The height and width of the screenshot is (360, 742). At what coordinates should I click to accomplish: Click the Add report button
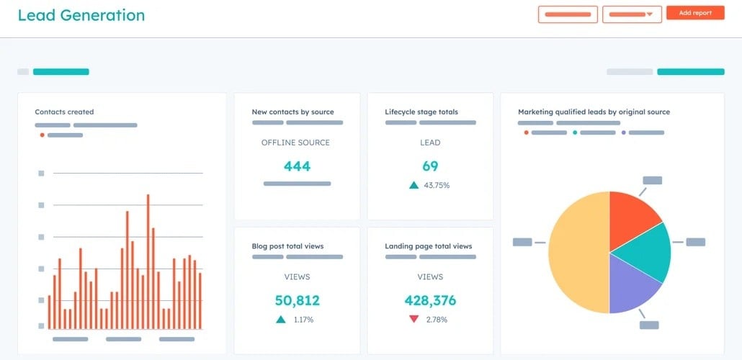pos(694,13)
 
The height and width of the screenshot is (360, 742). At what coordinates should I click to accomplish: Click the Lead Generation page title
pos(81,15)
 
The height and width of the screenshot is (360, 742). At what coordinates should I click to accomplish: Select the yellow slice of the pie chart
pos(576,252)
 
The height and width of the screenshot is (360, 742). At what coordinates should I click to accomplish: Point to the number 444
pos(297,166)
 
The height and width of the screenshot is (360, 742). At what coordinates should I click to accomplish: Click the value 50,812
pos(297,300)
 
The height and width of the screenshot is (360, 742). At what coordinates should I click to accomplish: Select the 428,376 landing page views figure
pos(430,300)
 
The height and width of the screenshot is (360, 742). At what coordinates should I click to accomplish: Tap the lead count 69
pos(430,166)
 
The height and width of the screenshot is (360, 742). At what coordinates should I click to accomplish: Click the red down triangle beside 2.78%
pos(414,319)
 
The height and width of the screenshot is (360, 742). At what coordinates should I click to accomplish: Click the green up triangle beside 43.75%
pos(414,185)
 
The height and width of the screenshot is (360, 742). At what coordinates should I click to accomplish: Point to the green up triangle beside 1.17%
pos(280,319)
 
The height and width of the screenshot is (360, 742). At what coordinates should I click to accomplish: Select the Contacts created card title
pos(64,112)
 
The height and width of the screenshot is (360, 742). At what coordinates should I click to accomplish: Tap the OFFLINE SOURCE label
pos(295,143)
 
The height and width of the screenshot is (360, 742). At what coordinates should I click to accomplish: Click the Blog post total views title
pos(287,246)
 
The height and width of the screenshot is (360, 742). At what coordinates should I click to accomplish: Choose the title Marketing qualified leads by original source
pos(594,112)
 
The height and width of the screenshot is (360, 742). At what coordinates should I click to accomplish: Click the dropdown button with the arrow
pos(632,14)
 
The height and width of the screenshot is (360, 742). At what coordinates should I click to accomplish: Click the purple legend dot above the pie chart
pos(623,132)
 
